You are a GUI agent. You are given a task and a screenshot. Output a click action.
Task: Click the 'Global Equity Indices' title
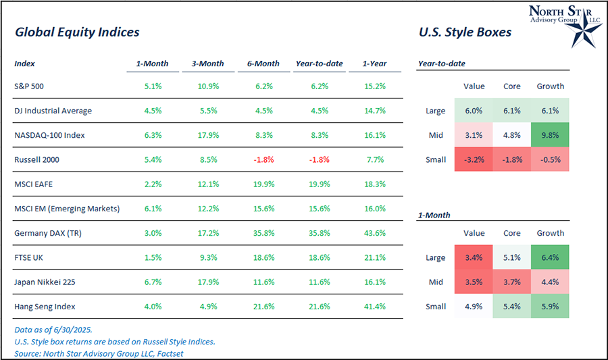[x=77, y=32]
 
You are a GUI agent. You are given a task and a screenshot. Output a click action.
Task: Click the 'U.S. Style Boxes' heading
[x=465, y=32]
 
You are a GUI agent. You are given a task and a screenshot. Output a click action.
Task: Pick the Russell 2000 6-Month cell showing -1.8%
[x=263, y=159]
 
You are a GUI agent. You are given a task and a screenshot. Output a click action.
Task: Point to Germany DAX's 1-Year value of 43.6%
[x=374, y=233]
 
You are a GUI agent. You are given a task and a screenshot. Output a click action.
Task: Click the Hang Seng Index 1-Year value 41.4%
[x=374, y=307]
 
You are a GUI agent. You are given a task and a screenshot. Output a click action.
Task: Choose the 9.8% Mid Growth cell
[x=550, y=135]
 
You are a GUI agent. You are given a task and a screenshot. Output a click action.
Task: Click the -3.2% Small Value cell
[x=474, y=159]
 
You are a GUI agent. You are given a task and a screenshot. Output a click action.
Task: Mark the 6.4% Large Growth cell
[x=550, y=257]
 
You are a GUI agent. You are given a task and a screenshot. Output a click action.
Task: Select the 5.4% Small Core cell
[x=511, y=307]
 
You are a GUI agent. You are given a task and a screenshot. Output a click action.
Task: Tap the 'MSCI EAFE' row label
[x=34, y=184]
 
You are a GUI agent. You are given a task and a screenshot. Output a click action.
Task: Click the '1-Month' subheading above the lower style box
[x=434, y=215]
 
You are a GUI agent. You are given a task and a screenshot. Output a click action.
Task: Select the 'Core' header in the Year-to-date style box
[x=511, y=86]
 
